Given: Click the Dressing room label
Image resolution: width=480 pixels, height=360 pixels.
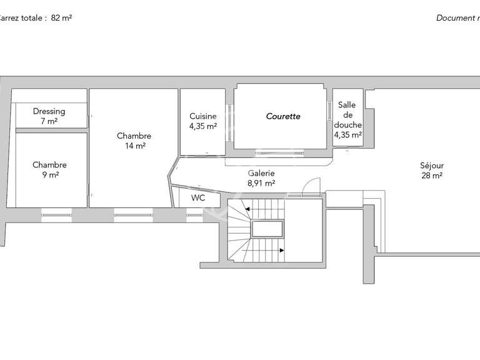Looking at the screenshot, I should point(49,111).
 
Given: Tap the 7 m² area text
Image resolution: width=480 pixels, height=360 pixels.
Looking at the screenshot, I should point(49,121).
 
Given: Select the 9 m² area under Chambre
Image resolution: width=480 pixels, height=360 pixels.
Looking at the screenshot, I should point(49,176).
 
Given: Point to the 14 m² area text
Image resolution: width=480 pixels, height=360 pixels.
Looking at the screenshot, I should point(134,146).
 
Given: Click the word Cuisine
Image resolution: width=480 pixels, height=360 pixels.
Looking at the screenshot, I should point(203,116).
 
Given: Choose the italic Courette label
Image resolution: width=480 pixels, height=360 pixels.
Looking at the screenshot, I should point(283,116).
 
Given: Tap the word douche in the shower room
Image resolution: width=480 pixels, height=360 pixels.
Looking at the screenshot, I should point(347,124).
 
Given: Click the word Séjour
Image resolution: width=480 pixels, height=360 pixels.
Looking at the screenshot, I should point(431,166).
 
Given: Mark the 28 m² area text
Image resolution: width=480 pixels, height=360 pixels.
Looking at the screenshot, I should point(431,176).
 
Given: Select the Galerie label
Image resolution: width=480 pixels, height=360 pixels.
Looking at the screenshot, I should point(261,173).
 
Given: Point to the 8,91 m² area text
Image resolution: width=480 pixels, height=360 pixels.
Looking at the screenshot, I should point(261,183).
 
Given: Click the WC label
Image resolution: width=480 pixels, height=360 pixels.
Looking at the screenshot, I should point(197,198).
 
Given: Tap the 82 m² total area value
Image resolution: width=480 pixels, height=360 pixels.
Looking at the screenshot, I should point(61,18).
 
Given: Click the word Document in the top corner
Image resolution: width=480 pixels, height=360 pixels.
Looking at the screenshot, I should point(455,18).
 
